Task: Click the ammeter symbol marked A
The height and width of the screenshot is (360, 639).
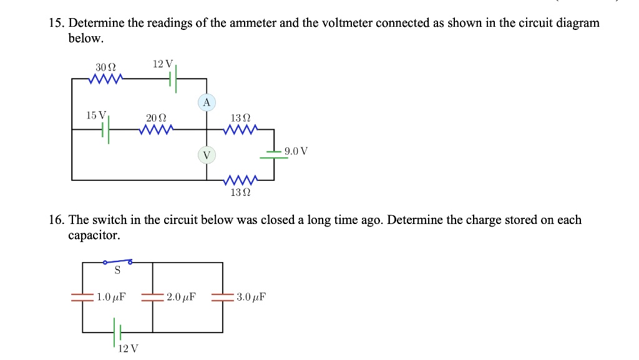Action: point(207,102)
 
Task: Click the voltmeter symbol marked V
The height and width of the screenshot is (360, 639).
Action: point(207,154)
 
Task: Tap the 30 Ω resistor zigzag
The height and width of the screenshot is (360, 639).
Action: point(106,79)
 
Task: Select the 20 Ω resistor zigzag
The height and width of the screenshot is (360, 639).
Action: point(157,130)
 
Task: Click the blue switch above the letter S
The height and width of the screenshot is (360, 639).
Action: point(117,262)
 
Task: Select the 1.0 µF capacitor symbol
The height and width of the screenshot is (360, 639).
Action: point(82,297)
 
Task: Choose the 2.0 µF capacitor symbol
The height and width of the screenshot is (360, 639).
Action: point(152,297)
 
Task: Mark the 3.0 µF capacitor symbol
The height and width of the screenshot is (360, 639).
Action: point(222,297)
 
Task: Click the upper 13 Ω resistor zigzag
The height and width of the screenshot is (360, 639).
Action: point(241,130)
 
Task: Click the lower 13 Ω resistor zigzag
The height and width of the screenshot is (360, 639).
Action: point(241,180)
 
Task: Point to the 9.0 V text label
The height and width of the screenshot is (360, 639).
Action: point(296,151)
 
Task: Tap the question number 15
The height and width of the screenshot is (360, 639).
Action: point(57,24)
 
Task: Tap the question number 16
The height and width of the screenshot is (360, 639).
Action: point(57,220)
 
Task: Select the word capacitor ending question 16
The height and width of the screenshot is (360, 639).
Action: point(94,236)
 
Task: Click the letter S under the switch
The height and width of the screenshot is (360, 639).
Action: point(117,271)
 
